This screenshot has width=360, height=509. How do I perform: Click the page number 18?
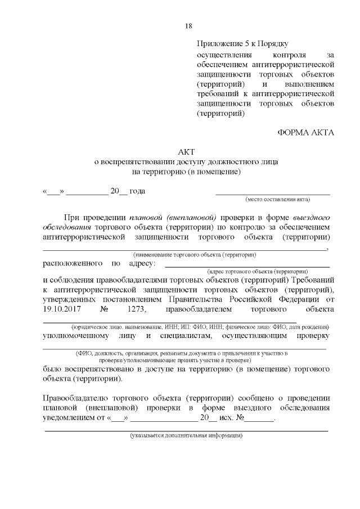(188, 26)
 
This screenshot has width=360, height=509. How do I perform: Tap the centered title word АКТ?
(186, 152)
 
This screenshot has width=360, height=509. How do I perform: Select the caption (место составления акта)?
(277, 199)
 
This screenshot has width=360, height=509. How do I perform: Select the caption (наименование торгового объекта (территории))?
(186, 255)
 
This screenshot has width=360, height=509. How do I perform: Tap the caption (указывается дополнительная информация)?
(186, 435)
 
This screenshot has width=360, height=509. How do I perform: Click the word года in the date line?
(137, 191)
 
